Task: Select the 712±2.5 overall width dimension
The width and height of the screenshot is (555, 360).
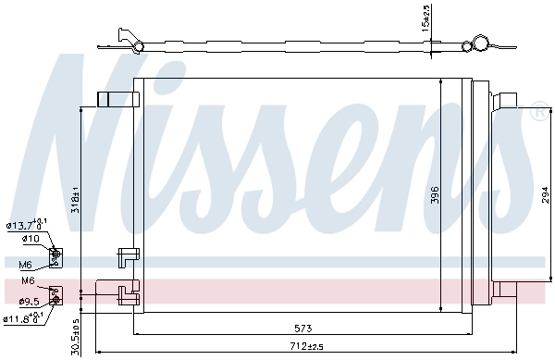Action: (304, 346)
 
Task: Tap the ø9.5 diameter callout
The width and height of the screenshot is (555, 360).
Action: (28, 301)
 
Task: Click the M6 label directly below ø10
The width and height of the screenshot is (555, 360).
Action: (25, 265)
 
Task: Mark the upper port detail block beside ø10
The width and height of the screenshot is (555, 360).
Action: (55, 254)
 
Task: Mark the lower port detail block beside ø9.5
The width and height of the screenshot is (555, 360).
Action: (55, 295)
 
